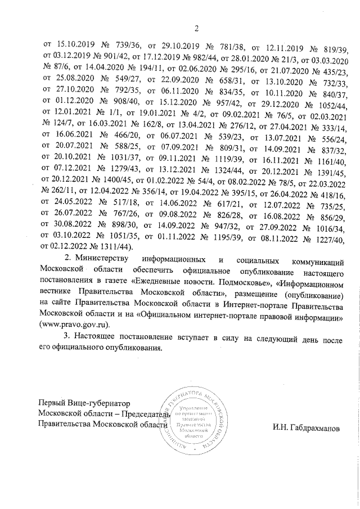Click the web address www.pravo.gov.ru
pos(73,325)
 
